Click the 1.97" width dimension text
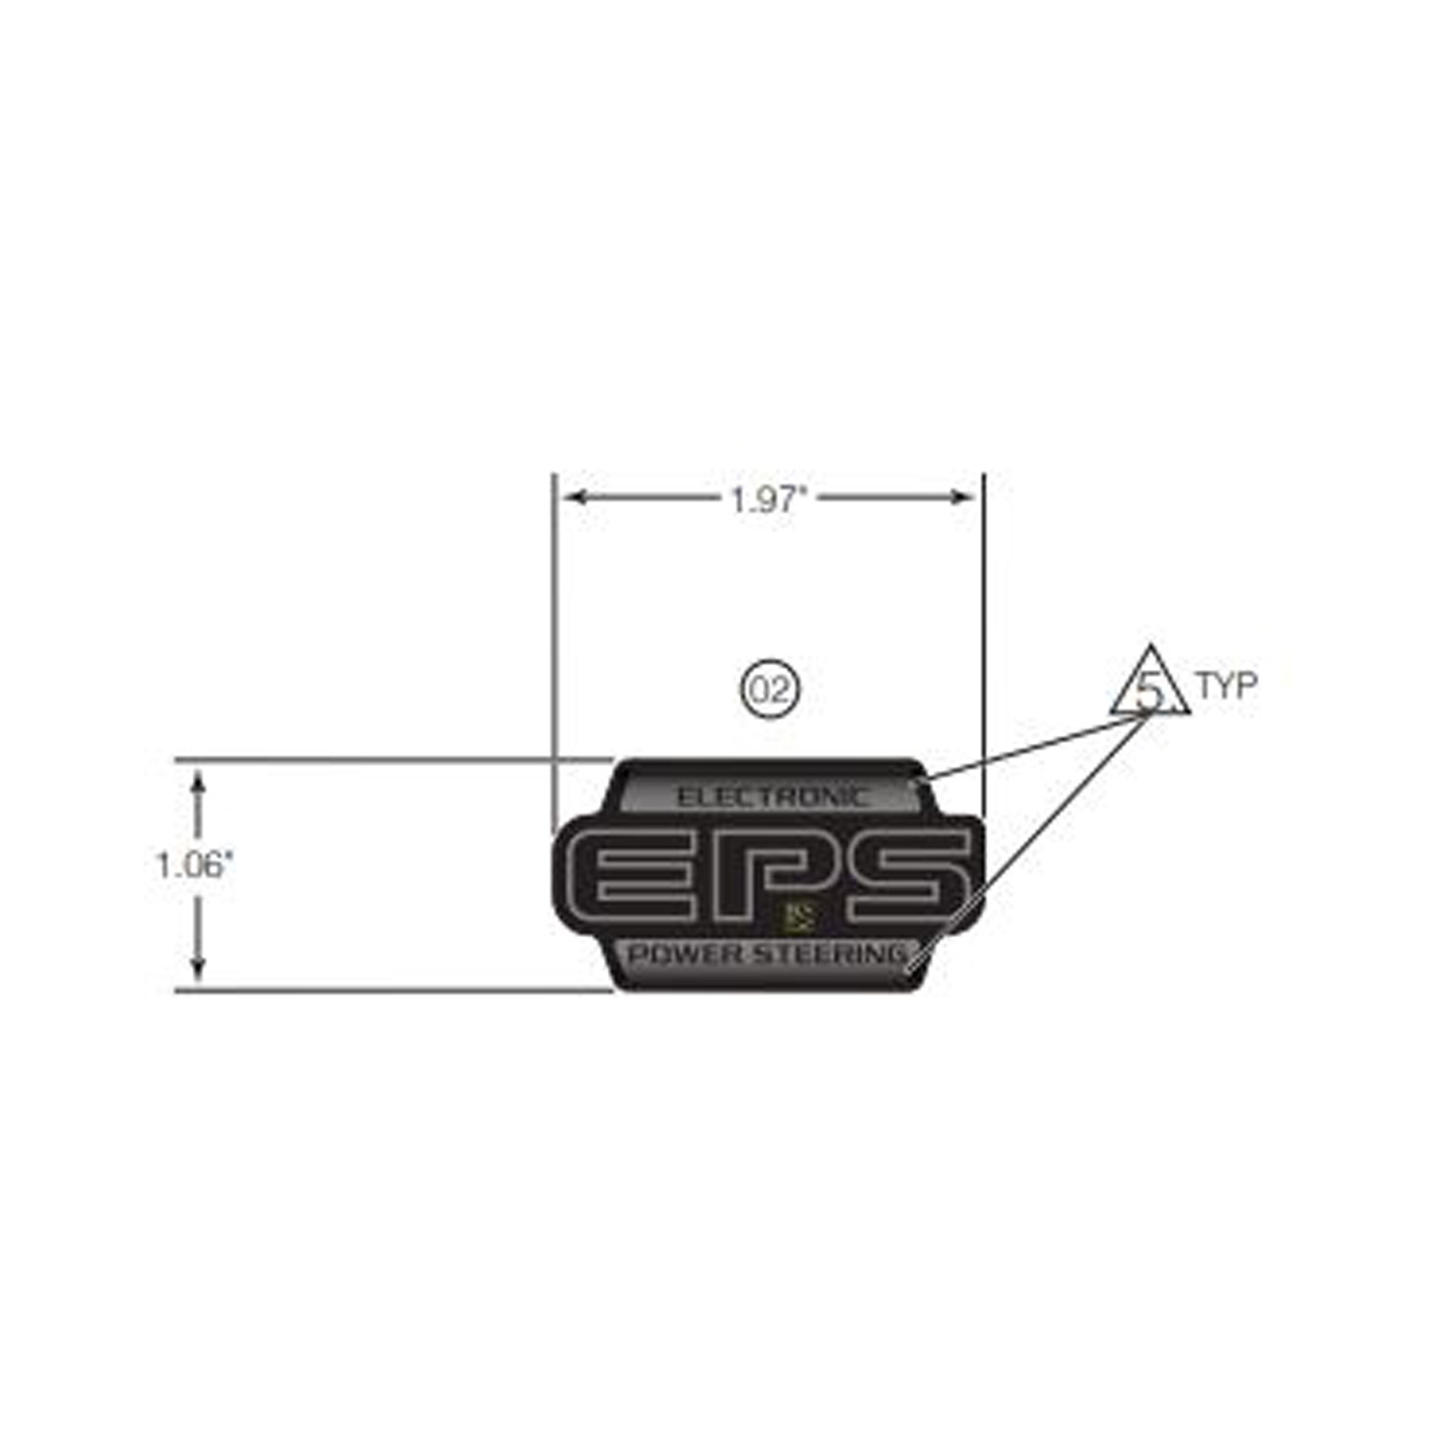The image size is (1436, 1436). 770,499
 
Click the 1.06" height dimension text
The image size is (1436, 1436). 194,865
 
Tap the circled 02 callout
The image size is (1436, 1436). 770,688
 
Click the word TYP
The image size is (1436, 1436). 1225,685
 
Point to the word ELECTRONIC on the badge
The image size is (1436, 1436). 774,796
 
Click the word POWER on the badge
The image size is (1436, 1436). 684,954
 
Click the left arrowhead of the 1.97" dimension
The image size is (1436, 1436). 574,497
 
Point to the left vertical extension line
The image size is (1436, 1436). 554,651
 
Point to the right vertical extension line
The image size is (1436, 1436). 983,651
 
